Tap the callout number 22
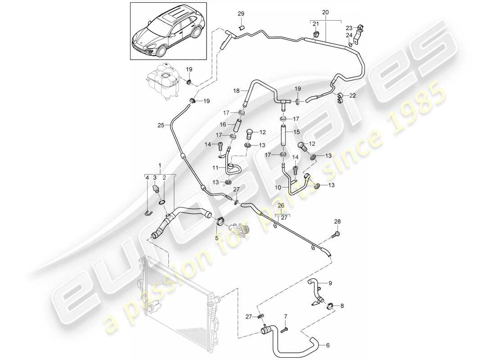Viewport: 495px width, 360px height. point(352,95)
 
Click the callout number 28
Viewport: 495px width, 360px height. point(337,222)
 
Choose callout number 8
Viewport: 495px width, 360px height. point(342,306)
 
